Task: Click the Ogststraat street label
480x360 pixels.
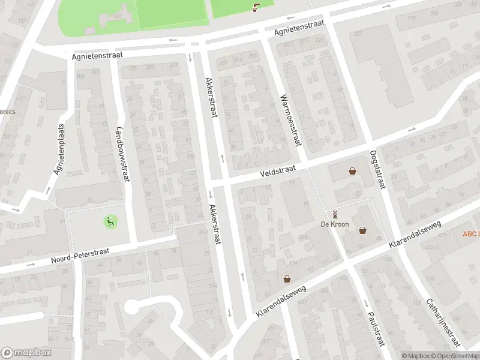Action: [x=377, y=169]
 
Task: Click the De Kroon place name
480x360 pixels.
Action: [x=335, y=224]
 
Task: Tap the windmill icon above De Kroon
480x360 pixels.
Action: [x=335, y=214]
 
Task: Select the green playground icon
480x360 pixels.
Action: [x=110, y=221]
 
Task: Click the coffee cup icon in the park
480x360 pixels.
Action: [x=256, y=7]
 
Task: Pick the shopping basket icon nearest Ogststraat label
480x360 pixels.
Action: [x=353, y=171]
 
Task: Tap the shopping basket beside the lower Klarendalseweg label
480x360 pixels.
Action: [x=287, y=278]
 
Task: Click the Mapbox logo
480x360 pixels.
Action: [x=26, y=353]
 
